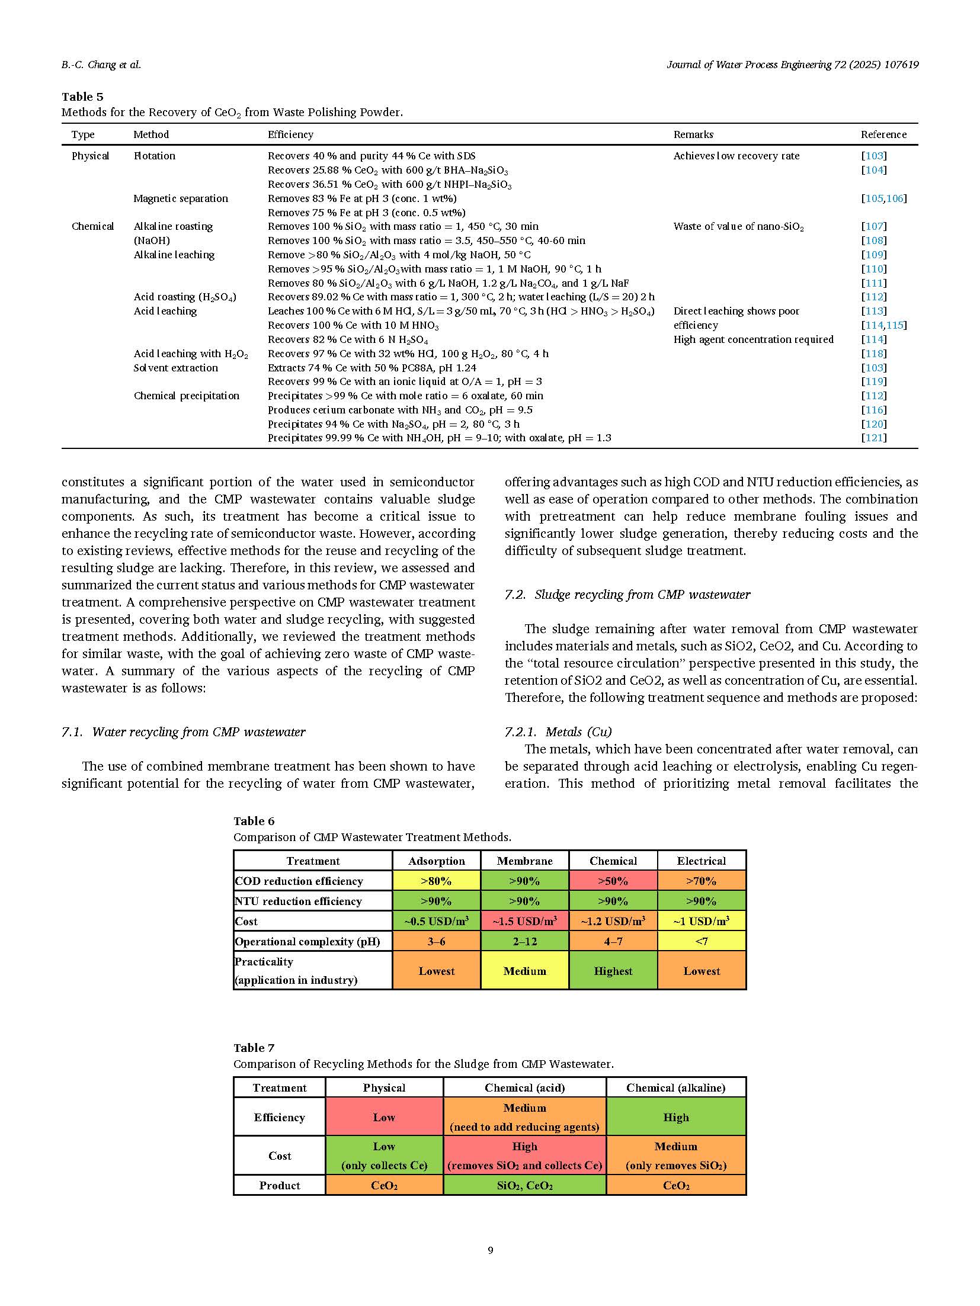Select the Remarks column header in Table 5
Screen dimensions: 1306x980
coord(693,134)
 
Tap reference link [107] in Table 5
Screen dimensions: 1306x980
coord(874,226)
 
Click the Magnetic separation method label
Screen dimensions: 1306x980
coord(181,198)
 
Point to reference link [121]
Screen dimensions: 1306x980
coord(874,438)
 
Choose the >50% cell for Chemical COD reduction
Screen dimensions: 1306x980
coord(613,881)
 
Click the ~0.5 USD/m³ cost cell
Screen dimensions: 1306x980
coord(436,921)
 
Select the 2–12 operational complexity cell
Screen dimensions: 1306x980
coord(524,941)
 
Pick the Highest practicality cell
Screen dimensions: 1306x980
coord(613,971)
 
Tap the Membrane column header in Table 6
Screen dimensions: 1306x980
coord(524,861)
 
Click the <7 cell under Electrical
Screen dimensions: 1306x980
coord(701,941)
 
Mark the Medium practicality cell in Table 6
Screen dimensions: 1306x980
coord(524,971)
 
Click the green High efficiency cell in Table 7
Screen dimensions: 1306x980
coord(675,1117)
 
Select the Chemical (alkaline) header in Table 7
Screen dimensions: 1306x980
coord(675,1087)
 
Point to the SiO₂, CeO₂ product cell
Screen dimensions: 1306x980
coord(524,1185)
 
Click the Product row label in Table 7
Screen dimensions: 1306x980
coord(279,1185)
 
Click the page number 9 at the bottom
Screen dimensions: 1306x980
coord(490,1250)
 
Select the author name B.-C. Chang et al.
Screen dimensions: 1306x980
coord(101,65)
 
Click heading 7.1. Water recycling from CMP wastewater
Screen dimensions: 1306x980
coord(184,732)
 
